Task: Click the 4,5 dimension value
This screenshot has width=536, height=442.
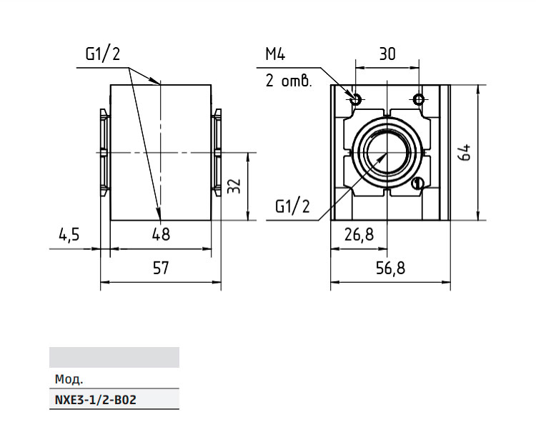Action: pos(69,235)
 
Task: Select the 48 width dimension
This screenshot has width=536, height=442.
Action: pos(161,235)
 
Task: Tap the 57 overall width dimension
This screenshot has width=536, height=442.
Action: pos(161,268)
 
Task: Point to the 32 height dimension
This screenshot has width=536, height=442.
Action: pos(234,186)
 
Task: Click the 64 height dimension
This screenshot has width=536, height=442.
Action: pos(465,153)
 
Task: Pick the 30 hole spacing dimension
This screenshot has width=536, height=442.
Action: pos(387,54)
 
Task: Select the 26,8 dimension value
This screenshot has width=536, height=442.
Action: pos(359,235)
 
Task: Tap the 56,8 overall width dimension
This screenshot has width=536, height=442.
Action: pos(390,268)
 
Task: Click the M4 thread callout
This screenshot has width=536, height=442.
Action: pos(275,54)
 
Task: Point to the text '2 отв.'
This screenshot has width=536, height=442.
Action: pos(289,81)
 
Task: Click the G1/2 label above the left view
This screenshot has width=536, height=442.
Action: pos(103,54)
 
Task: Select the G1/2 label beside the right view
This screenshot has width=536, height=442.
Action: pos(292,206)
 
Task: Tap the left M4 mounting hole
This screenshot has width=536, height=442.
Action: pos(356,100)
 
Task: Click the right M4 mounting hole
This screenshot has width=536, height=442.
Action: pos(419,100)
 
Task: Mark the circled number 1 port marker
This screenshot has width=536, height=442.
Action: pos(418,184)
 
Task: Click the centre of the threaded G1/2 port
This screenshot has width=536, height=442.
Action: pos(387,153)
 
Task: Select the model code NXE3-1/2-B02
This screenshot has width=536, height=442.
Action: pos(95,400)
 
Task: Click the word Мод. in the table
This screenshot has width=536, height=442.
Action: pos(69,379)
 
